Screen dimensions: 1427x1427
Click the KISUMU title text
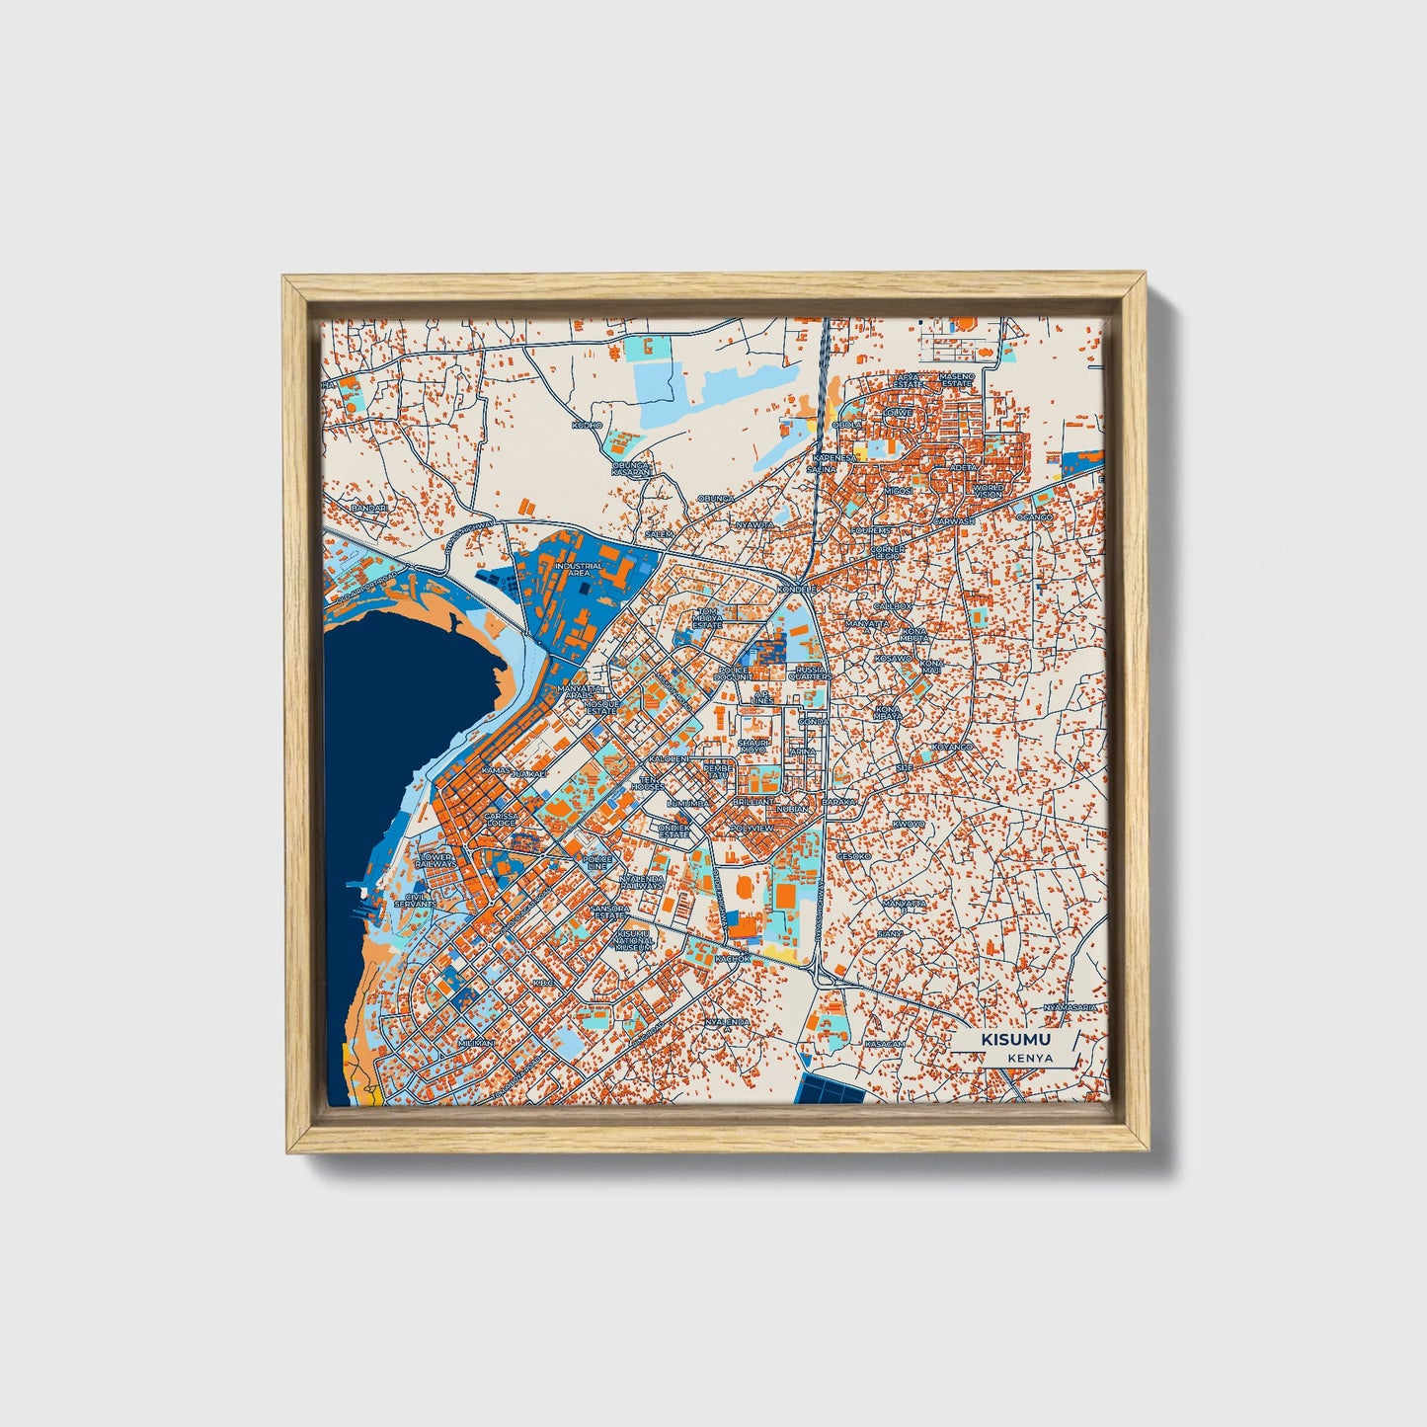1015,1040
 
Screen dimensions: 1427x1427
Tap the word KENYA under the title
1031,1058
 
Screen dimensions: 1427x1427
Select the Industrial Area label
578,569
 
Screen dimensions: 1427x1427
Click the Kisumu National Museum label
633,939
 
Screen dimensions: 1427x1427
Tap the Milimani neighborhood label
475,1042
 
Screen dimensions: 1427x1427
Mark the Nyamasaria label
1070,1006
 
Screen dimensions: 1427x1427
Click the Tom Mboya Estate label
707,618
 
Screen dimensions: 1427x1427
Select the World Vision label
988,491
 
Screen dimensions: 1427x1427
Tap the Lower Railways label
436,860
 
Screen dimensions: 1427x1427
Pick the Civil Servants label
415,900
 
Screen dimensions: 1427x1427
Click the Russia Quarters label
809,673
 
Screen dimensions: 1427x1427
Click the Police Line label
598,863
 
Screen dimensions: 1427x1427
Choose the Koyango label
952,747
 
